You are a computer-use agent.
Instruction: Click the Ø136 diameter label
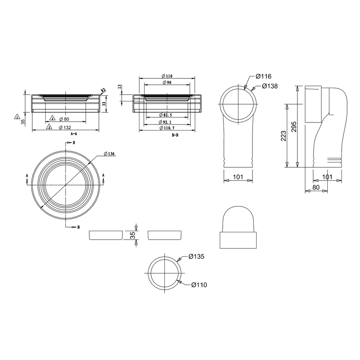pyautogui.click(x=109, y=154)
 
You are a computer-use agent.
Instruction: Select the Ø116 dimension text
pyautogui.click(x=263, y=76)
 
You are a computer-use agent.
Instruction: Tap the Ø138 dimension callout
pyautogui.click(x=270, y=86)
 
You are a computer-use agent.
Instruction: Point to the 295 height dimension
pyautogui.click(x=294, y=127)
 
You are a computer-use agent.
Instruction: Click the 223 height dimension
pyautogui.click(x=284, y=136)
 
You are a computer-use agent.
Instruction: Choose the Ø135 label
pyautogui.click(x=196, y=257)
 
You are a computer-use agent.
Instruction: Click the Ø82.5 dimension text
pyautogui.click(x=165, y=115)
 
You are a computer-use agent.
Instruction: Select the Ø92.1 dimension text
pyautogui.click(x=165, y=122)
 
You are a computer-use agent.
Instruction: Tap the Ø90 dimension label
pyautogui.click(x=167, y=82)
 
